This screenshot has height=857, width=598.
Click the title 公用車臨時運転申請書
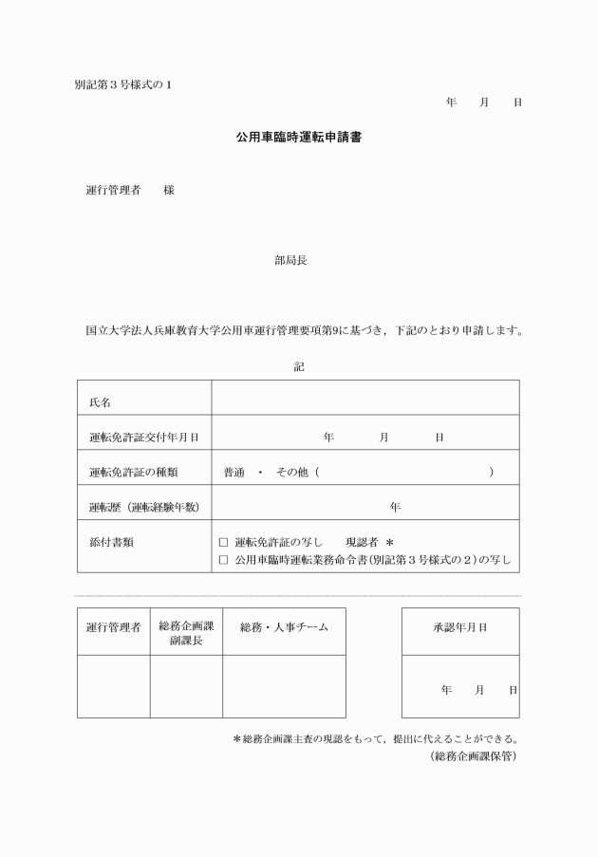click(298, 138)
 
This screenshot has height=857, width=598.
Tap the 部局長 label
click(290, 260)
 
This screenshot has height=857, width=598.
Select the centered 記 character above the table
click(299, 365)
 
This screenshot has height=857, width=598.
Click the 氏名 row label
click(100, 402)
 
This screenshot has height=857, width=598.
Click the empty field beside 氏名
click(365, 398)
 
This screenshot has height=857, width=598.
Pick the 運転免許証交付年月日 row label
click(143, 438)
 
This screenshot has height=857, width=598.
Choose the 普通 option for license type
click(234, 472)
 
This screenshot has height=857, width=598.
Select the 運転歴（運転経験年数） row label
click(143, 507)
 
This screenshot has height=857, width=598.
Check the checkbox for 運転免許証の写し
click(224, 542)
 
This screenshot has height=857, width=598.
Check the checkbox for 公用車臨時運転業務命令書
click(224, 560)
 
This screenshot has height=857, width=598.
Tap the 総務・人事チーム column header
click(284, 627)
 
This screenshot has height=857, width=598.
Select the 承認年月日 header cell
click(460, 627)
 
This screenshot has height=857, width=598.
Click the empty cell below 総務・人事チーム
click(284, 686)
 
